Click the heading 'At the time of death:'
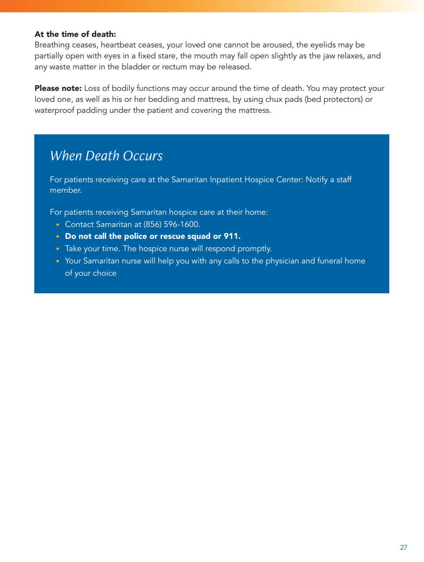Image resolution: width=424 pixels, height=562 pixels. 75,34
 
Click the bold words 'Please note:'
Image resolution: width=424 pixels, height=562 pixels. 58,88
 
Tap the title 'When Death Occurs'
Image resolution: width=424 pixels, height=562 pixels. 106,156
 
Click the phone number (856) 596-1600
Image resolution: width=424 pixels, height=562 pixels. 171,224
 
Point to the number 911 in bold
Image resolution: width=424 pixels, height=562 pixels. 231,236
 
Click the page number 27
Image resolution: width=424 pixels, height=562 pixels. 403,547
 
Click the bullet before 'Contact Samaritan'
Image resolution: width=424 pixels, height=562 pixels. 58,225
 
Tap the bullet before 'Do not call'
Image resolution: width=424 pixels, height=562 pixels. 58,237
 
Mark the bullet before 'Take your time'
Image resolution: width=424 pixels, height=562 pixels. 58,249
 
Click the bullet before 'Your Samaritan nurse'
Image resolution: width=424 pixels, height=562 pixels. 58,261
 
